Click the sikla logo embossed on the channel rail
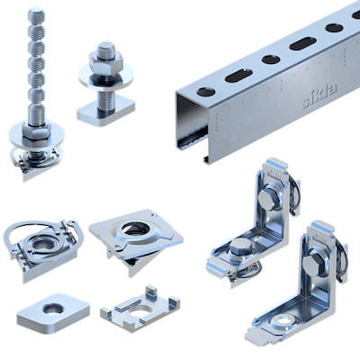click(319, 95)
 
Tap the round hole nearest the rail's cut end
click(206, 92)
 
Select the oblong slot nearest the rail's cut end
click(239, 76)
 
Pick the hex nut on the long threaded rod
click(37, 130)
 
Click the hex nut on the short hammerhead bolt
click(106, 59)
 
